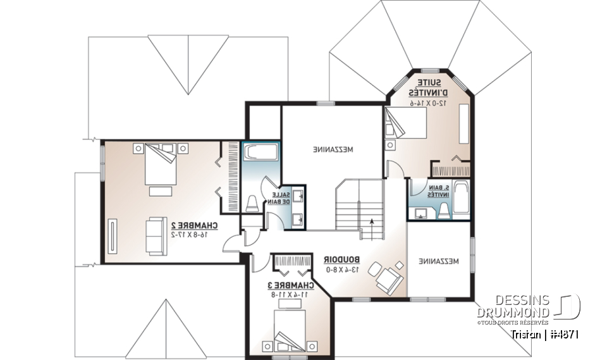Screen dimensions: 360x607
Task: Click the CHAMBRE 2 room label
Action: (x=194, y=225)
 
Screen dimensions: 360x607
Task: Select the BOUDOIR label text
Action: (x=341, y=259)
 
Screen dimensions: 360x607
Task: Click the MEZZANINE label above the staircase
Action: (x=333, y=150)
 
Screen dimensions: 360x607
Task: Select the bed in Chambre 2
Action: (x=159, y=164)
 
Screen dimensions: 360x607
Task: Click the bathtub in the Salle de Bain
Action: (x=261, y=153)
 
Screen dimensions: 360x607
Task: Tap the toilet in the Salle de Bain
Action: (x=251, y=202)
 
